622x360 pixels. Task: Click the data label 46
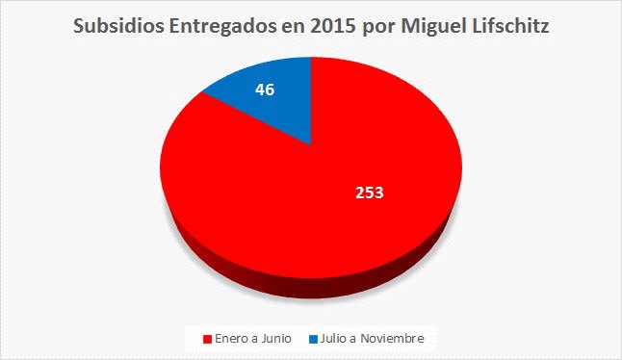(x=265, y=90)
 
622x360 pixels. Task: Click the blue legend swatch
(x=314, y=338)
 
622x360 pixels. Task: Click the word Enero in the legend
(x=231, y=338)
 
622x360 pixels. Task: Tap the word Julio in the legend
(x=337, y=338)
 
